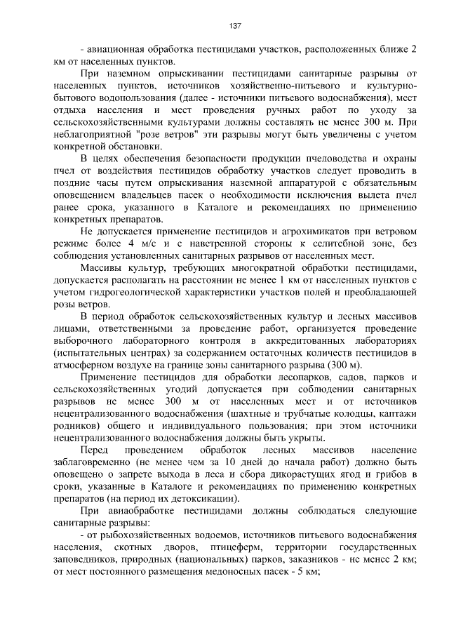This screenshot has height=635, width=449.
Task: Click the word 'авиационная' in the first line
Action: coord(116,50)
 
